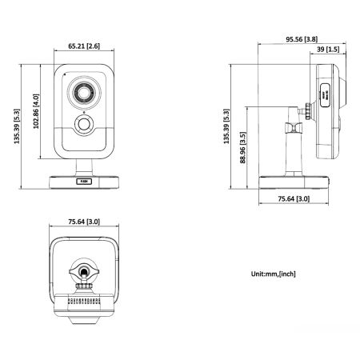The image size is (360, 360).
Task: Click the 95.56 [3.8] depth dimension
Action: (299, 38)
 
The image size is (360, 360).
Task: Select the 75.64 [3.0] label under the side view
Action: (294, 199)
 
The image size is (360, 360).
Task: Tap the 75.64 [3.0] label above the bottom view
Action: (83, 222)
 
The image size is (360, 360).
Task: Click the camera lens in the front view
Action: (83, 93)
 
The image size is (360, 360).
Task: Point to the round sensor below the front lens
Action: (83, 125)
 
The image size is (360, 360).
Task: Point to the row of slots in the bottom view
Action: (83, 303)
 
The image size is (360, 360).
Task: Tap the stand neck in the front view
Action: (83, 166)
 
